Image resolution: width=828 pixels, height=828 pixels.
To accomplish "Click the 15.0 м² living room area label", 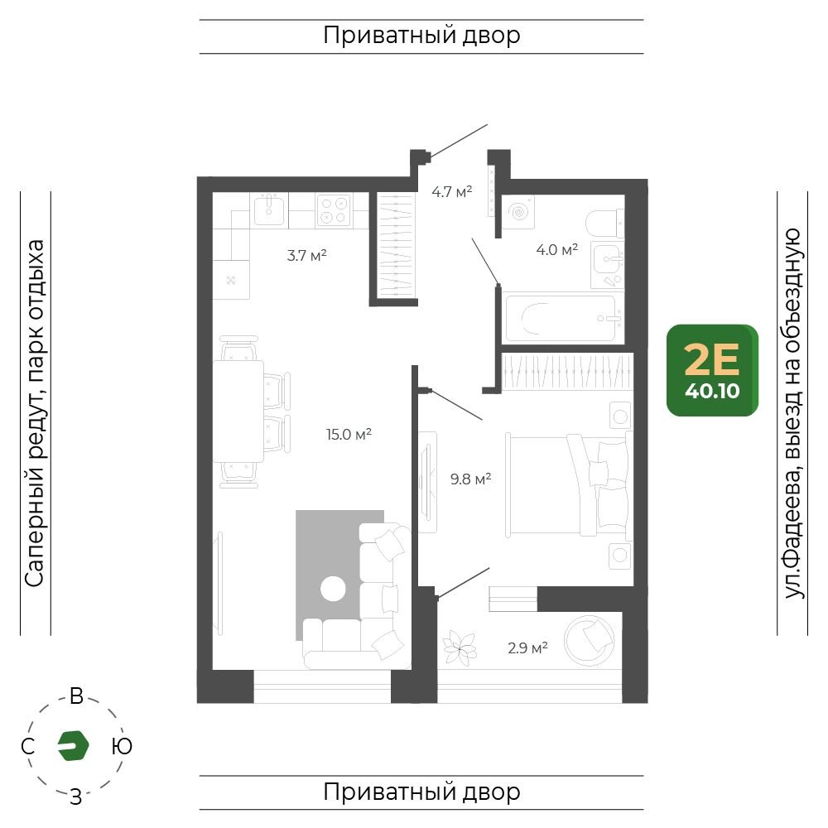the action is [349, 434].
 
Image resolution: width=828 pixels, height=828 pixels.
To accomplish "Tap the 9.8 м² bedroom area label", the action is [470, 479].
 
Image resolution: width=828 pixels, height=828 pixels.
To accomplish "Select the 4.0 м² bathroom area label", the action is [556, 249].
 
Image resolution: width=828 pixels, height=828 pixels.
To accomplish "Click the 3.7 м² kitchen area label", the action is [307, 256].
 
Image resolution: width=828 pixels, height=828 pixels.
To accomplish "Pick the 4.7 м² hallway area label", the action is [451, 191].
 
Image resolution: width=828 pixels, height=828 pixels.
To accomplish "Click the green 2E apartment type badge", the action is [712, 370].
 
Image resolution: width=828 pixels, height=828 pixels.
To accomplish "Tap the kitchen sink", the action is [269, 209].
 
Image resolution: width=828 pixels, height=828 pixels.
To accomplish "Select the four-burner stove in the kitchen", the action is [334, 210].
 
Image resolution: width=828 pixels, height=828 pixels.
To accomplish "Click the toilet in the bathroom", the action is [605, 224].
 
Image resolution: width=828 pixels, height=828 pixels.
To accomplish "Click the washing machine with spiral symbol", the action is [518, 212].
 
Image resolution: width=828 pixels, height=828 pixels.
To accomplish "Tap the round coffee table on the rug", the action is [333, 588].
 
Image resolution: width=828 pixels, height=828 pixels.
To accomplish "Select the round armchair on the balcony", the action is [590, 640].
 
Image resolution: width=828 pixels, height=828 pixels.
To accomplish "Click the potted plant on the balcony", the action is [460, 647].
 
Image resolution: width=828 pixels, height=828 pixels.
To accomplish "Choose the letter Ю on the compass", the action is [122, 746].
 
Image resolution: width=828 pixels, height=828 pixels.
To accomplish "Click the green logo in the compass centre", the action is [73, 746].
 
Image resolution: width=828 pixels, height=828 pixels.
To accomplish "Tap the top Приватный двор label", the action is [421, 36].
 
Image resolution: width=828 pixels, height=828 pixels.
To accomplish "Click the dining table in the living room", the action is [238, 411].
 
